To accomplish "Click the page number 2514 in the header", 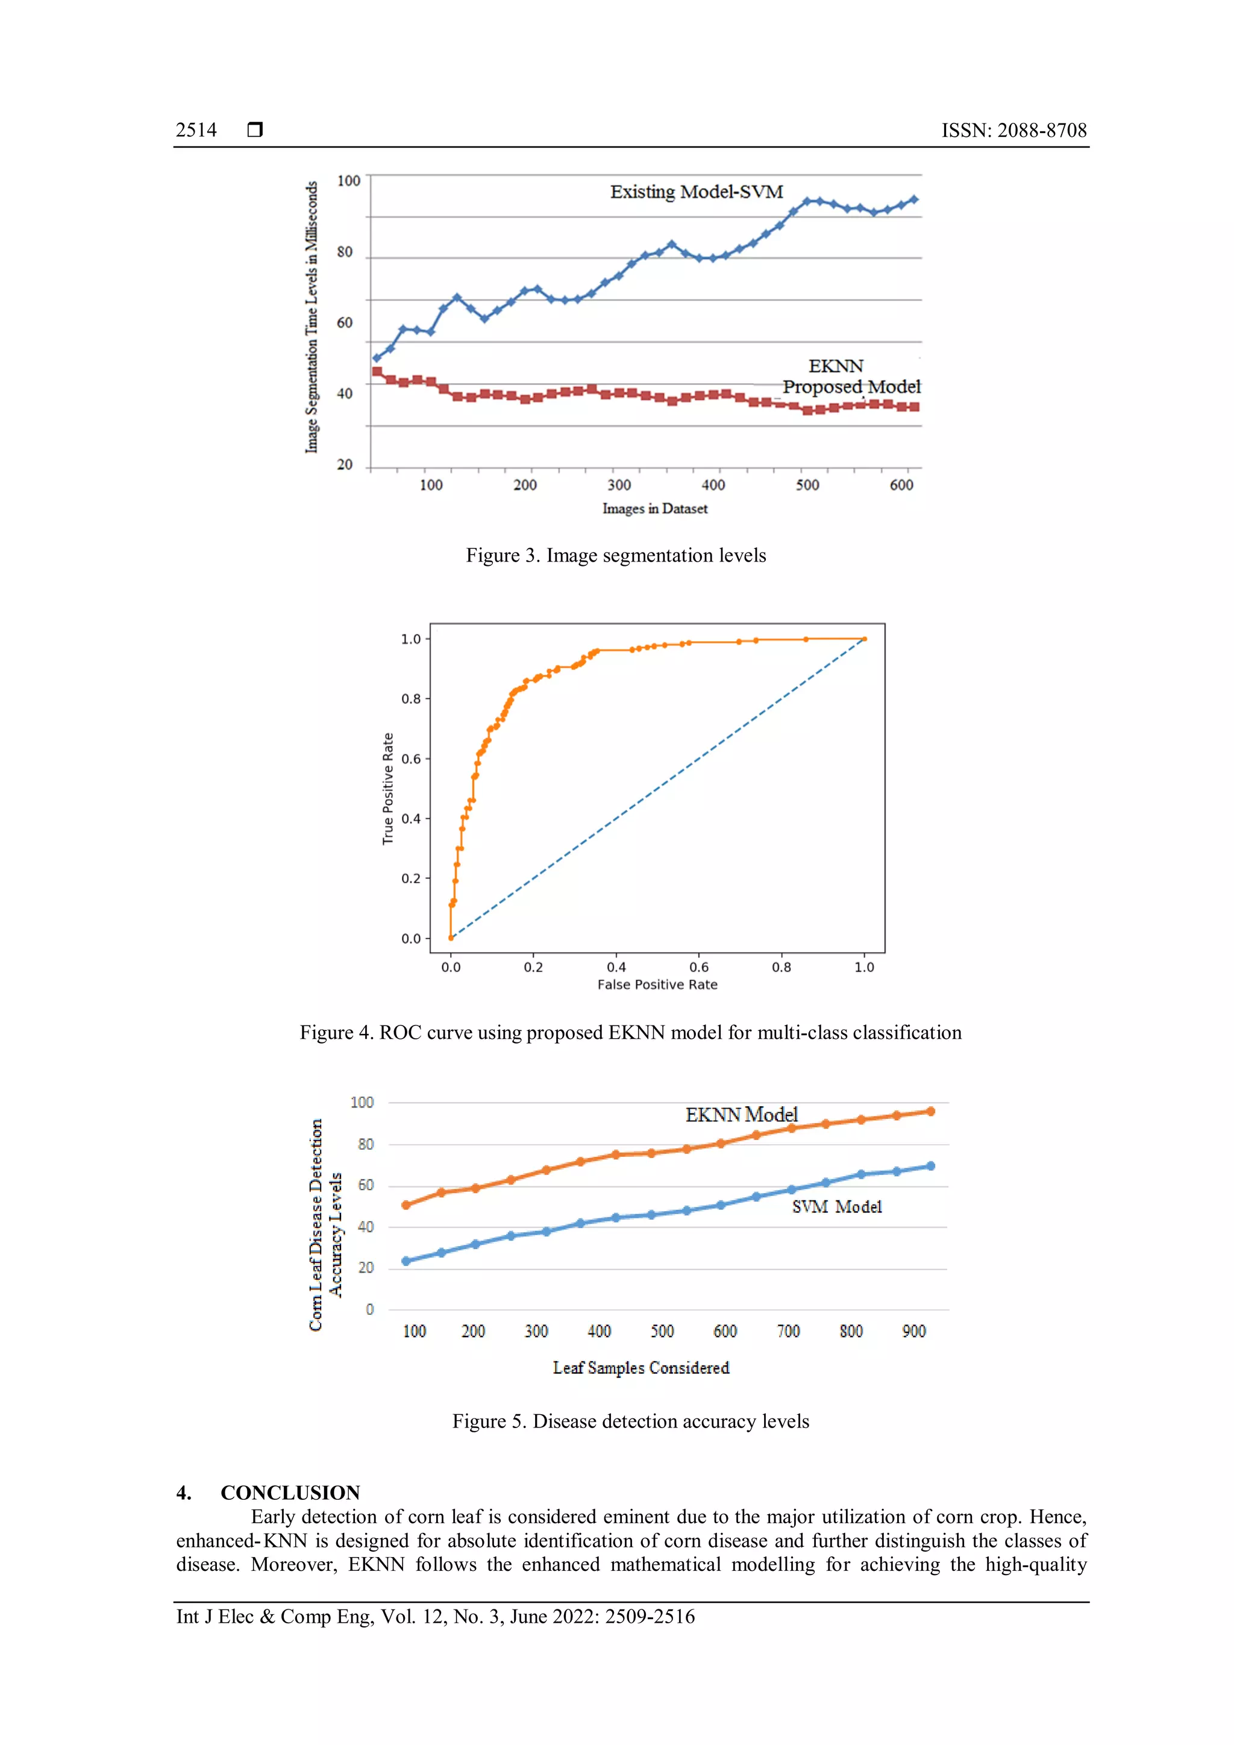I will pos(196,130).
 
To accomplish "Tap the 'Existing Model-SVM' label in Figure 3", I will pos(696,192).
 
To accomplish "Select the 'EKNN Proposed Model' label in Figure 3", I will pos(850,377).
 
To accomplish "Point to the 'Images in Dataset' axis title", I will pos(654,509).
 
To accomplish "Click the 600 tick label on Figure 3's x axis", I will pos(901,485).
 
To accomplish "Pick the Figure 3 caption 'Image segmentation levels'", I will pos(615,556).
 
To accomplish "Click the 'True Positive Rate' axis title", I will pos(387,788).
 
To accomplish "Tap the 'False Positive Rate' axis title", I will pos(657,984).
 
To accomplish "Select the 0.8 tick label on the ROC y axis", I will pos(410,698).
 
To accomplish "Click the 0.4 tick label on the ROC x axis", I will pos(616,966).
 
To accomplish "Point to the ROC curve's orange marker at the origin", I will pos(451,938).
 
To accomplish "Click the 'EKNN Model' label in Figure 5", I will pos(741,1114).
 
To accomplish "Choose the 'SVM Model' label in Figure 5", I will pos(836,1207).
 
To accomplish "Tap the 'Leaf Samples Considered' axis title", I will pos(640,1368).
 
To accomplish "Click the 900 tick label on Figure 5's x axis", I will pos(913,1332).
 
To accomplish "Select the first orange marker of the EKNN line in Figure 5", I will pos(406,1205).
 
